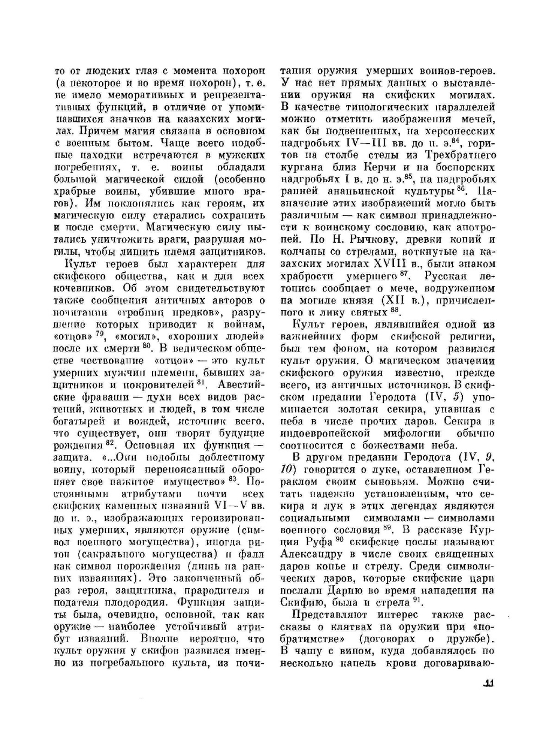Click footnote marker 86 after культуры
pos(461,189)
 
